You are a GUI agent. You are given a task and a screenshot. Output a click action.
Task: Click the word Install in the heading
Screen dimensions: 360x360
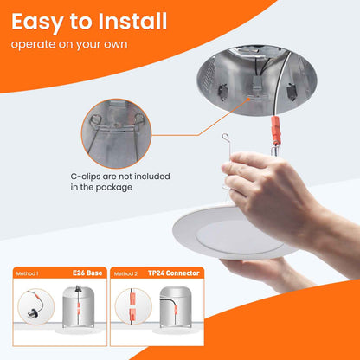pos(132,22)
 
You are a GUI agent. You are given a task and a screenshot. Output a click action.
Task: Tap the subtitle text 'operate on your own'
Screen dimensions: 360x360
pos(69,44)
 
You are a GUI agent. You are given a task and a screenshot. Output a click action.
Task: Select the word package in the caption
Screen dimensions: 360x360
pos(114,188)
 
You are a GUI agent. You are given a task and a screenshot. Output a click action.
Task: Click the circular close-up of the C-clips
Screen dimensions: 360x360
pos(116,133)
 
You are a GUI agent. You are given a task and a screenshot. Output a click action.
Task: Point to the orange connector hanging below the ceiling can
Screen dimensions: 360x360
pos(275,130)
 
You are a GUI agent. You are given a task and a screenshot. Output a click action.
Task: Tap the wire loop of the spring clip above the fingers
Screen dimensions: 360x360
pos(225,138)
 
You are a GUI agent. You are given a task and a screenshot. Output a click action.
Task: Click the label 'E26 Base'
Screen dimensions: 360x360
pos(87,273)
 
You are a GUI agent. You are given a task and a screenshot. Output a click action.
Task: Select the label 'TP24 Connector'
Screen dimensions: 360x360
pos(174,273)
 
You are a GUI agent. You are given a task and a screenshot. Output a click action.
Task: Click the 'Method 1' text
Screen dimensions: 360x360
pos(27,273)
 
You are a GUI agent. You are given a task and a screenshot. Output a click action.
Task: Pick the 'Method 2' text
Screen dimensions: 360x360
pos(125,273)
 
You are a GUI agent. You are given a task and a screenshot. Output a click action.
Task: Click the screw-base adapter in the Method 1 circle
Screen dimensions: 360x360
pos(32,312)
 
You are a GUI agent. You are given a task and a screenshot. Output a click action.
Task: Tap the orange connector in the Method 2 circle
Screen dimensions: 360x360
pos(132,305)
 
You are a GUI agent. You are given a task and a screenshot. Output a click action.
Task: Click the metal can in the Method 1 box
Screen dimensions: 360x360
pos(78,307)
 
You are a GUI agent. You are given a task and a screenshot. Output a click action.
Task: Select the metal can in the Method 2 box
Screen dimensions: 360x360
pos(176,307)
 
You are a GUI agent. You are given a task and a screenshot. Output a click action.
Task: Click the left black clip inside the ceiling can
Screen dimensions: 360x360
pos(222,92)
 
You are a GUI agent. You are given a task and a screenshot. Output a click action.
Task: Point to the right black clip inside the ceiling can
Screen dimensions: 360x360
pos(291,92)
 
